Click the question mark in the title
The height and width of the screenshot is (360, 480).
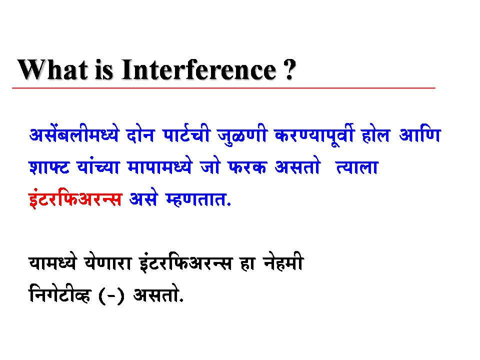[x=289, y=69]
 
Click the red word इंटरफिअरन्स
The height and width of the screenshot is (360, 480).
[x=75, y=199]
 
